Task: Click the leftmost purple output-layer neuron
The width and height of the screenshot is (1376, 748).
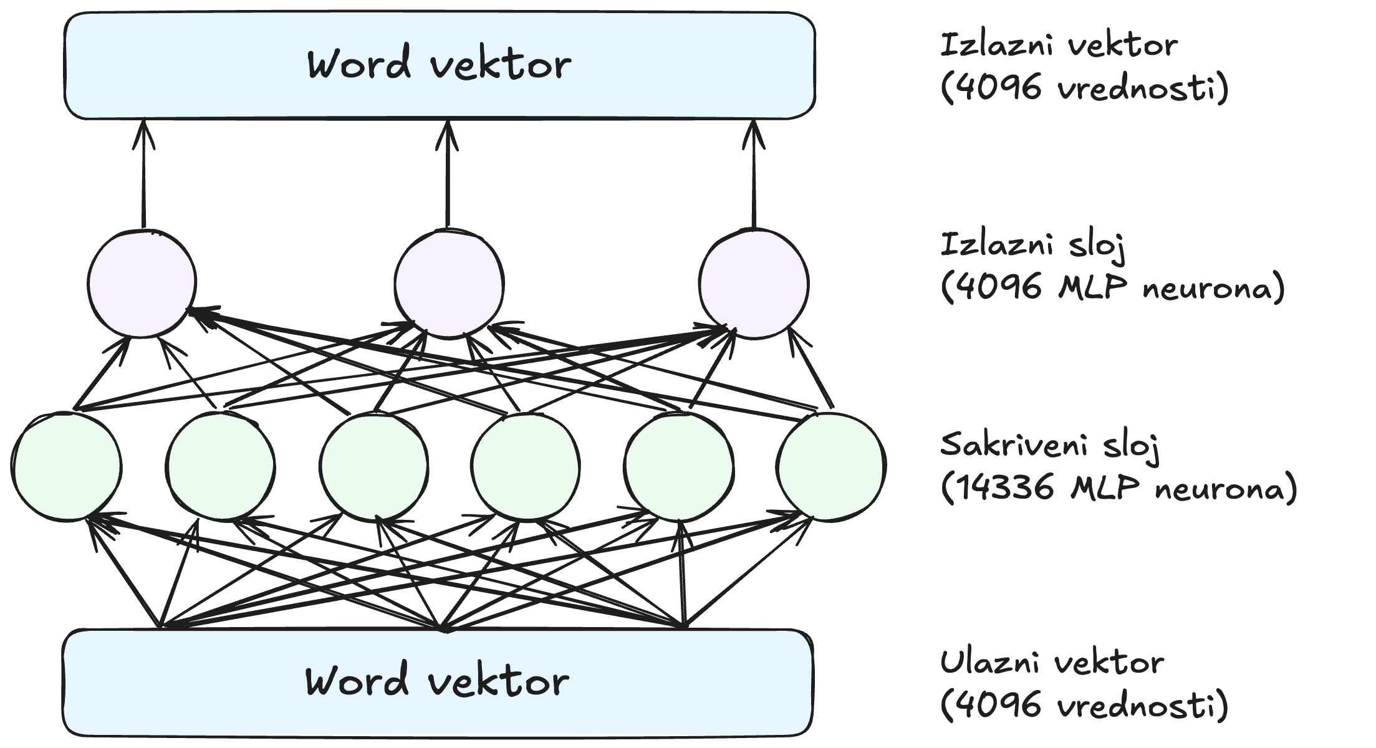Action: point(142,284)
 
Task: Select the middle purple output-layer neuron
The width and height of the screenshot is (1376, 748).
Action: point(449,284)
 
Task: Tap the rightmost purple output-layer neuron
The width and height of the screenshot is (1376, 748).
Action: point(753,284)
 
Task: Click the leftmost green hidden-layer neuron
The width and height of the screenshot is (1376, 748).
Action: point(66,466)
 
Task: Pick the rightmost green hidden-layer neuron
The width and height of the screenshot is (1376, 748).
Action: point(830,466)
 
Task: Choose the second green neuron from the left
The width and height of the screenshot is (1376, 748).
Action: point(221,466)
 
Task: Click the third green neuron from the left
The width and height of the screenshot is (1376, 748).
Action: point(374,466)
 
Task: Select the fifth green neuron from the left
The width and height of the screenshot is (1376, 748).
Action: point(678,466)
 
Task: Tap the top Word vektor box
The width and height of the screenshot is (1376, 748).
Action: point(440,65)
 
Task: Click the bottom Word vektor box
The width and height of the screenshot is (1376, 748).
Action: point(438,682)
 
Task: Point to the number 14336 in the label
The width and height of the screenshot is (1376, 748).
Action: point(1004,487)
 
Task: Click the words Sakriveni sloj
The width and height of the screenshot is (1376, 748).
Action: point(1049,445)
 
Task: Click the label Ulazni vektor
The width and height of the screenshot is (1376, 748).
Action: point(1052,662)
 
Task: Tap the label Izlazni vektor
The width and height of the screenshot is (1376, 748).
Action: point(1059,45)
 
